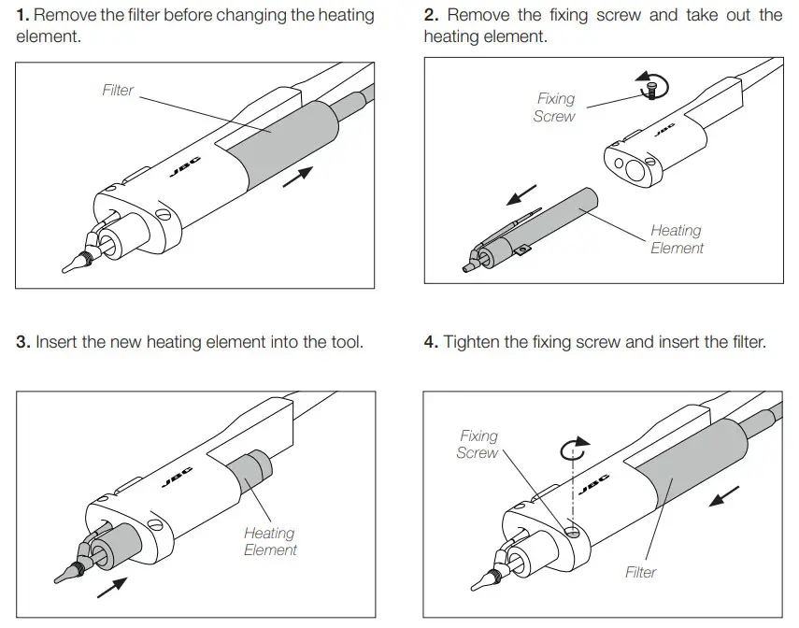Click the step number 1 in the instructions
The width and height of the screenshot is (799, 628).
(x=22, y=16)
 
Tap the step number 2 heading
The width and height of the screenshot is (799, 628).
(x=431, y=16)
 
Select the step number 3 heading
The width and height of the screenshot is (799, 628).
(x=22, y=342)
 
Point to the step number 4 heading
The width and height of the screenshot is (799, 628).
(x=431, y=342)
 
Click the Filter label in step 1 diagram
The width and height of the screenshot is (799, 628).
(x=118, y=91)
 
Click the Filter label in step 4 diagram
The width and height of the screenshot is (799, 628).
(x=641, y=572)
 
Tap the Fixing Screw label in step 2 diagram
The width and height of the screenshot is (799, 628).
(x=555, y=107)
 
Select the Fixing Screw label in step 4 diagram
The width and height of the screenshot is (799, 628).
(x=478, y=444)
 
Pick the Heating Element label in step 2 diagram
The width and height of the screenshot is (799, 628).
(x=677, y=239)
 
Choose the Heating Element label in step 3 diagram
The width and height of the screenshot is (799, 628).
(x=270, y=541)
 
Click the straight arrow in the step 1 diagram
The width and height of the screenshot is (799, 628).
(x=297, y=177)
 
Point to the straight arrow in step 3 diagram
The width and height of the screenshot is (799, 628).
(x=112, y=587)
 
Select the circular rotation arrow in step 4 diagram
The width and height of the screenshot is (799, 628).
(x=576, y=449)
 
